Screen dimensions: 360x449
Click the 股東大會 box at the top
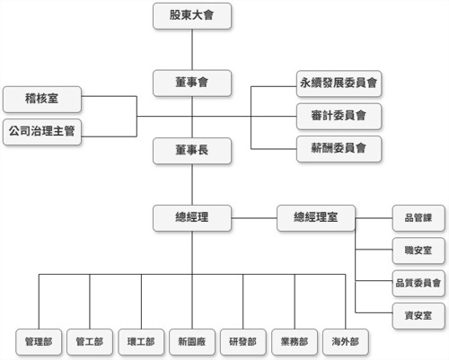[x=193, y=15]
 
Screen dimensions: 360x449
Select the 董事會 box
[x=193, y=83]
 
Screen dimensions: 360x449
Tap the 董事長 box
[x=193, y=150]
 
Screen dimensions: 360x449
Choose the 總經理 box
[x=193, y=217]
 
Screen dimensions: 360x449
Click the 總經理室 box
[x=316, y=217]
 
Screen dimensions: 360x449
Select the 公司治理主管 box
[x=41, y=131]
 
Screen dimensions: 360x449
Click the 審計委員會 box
[x=339, y=115]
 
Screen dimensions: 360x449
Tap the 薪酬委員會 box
[x=339, y=146]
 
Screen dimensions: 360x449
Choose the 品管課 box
[x=418, y=217]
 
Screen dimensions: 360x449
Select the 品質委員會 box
[x=418, y=282]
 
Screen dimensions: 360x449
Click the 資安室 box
[x=418, y=314]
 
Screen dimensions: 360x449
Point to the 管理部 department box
[x=39, y=342]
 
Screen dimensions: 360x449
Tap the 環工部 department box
[x=142, y=342]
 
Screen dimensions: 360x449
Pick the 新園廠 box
[x=193, y=342]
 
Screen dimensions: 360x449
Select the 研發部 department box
[x=243, y=342]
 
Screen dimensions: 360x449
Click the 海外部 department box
[x=347, y=342]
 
